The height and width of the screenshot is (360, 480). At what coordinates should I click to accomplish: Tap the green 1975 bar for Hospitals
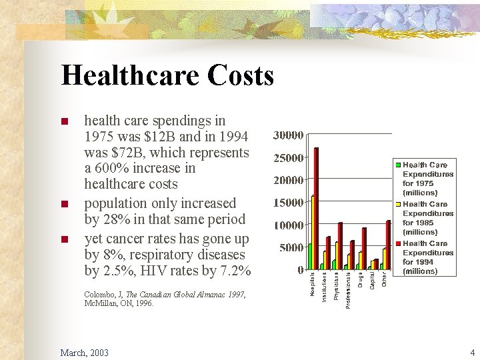point(309,257)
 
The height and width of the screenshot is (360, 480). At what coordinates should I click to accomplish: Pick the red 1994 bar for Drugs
point(365,249)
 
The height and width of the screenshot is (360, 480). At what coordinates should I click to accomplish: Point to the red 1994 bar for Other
point(389,245)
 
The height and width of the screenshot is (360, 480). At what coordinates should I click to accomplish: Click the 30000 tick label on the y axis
point(288,135)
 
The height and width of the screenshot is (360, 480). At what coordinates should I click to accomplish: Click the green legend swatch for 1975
point(399,165)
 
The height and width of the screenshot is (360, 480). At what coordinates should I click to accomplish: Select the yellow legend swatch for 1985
point(399,204)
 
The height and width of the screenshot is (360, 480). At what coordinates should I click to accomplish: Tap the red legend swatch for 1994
point(399,243)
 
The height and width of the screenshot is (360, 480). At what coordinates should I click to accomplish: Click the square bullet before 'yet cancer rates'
point(65,239)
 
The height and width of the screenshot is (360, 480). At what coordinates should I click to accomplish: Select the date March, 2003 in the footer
point(84,352)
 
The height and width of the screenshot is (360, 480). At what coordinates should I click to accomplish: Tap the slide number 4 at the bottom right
point(471,352)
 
